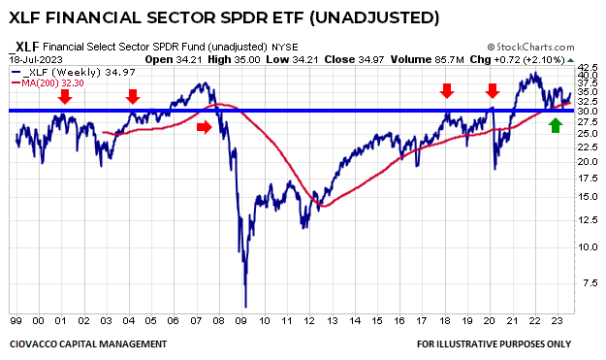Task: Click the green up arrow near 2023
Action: pyautogui.click(x=555, y=124)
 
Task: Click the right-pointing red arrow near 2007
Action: pyautogui.click(x=203, y=126)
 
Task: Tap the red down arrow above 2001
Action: pyautogui.click(x=65, y=95)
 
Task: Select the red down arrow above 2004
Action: pyautogui.click(x=133, y=95)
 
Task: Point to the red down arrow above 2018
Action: pyautogui.click(x=446, y=90)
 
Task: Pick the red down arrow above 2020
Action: pyautogui.click(x=493, y=90)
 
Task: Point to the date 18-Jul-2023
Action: pyautogui.click(x=34, y=58)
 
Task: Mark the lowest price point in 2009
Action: pyautogui.click(x=246, y=307)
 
